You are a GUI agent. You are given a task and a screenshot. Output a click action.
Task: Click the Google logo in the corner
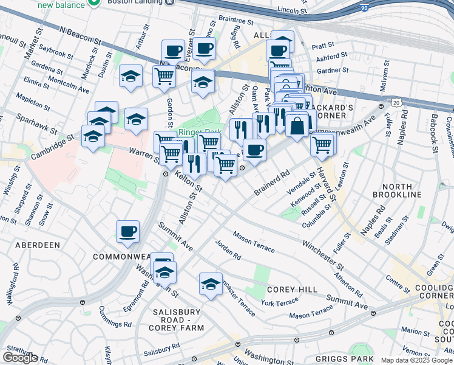20,358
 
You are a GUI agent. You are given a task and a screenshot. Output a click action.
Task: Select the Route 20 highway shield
396,104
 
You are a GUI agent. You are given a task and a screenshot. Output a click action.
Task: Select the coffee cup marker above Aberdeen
128,231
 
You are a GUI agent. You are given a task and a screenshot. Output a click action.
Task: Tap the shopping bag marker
297,127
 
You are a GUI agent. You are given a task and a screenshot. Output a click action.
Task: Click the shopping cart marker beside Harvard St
322,145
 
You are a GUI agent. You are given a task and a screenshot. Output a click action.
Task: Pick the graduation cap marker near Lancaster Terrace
211,284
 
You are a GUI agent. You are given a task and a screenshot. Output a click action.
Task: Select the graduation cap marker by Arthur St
131,77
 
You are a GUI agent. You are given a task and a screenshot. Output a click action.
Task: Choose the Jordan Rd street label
228,249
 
